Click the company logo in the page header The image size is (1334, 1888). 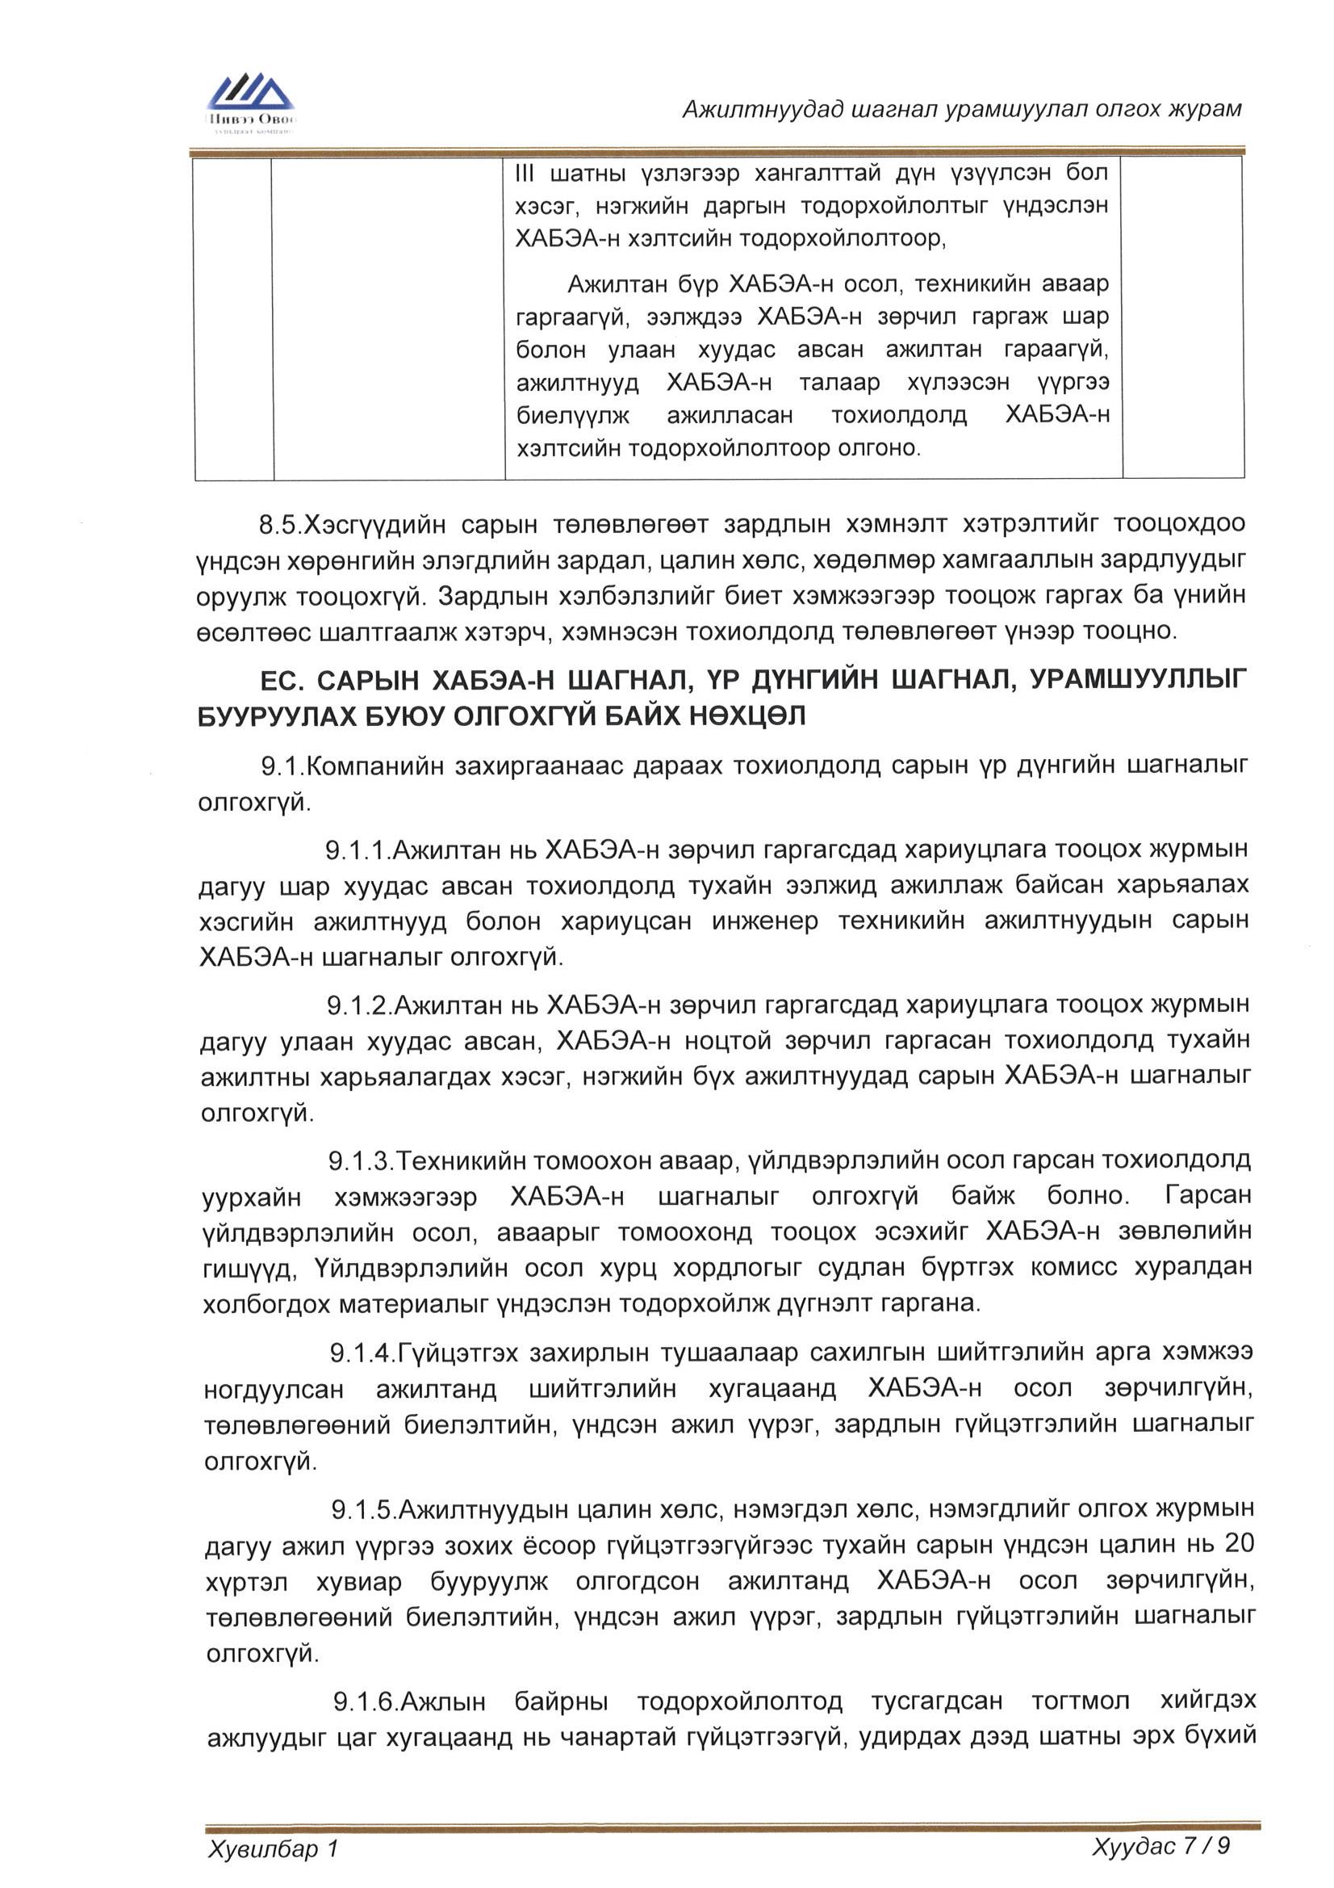click(x=251, y=103)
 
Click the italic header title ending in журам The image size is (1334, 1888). click(x=962, y=108)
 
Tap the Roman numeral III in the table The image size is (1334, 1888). click(x=525, y=174)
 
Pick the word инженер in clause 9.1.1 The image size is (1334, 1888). click(x=764, y=921)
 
